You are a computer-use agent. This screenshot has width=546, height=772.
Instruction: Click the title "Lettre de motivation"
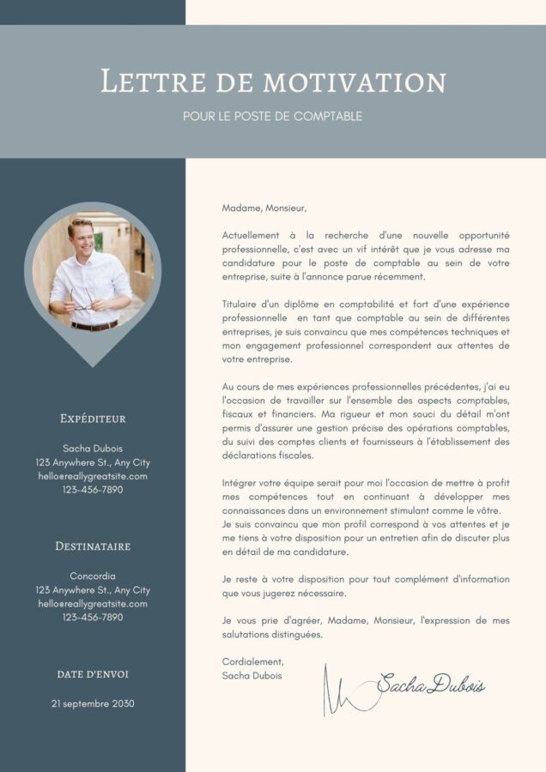[273, 81]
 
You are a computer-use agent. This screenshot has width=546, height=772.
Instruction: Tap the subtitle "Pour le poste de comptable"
[273, 116]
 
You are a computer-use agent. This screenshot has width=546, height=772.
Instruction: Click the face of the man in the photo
[80, 236]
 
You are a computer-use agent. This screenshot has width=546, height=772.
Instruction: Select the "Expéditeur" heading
[93, 419]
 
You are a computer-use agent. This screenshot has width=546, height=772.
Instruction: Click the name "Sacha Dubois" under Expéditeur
[93, 449]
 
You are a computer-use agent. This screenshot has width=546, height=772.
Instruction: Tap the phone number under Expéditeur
[93, 490]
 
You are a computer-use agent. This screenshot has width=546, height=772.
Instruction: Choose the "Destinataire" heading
[93, 546]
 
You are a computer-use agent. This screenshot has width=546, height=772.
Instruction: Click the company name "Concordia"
[93, 576]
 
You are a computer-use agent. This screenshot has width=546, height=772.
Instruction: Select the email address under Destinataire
[93, 603]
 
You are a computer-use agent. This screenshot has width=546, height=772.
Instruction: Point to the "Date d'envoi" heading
[93, 674]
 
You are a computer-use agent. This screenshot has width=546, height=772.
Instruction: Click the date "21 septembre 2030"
[93, 703]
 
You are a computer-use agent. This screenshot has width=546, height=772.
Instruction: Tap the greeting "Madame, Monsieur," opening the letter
[264, 208]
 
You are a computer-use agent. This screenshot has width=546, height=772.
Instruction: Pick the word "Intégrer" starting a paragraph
[240, 483]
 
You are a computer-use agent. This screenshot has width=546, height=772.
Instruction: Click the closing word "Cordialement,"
[252, 661]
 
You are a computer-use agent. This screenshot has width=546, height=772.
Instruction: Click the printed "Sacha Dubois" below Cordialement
[252, 675]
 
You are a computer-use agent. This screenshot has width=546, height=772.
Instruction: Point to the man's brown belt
[94, 326]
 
